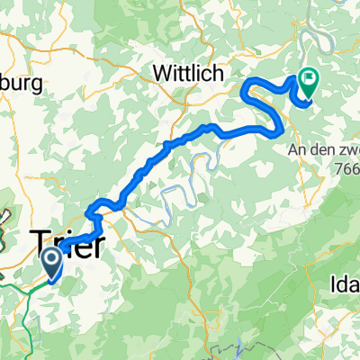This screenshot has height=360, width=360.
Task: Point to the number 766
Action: tap(346, 167)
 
